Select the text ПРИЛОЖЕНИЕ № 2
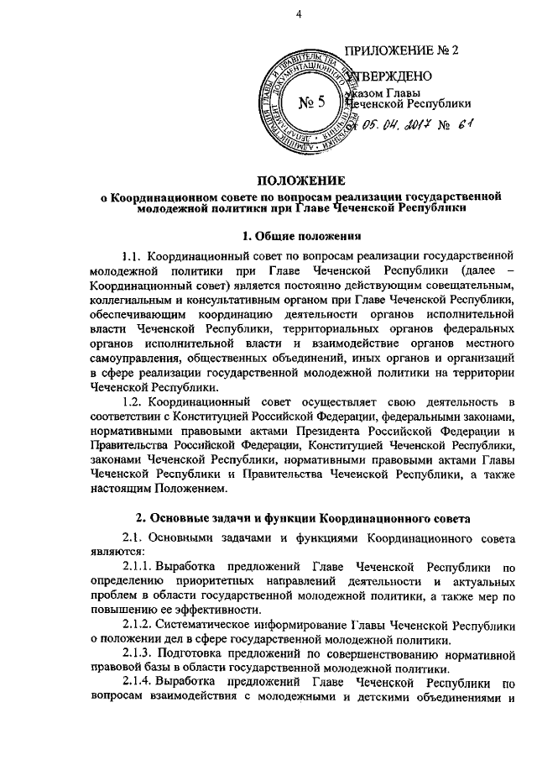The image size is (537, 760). tap(404, 50)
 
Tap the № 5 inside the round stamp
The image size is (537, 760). tap(311, 104)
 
